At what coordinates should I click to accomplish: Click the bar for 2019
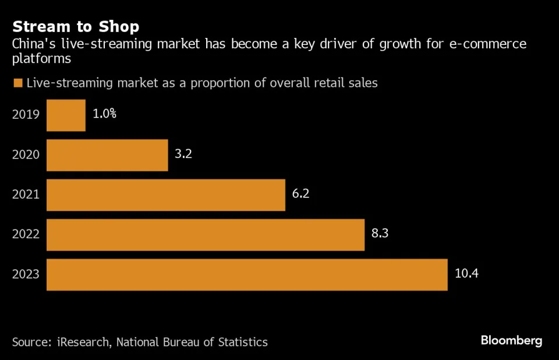pos(66,115)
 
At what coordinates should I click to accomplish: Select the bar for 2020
pos(107,155)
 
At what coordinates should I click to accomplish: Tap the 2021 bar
pos(166,195)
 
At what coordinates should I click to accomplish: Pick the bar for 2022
pos(206,235)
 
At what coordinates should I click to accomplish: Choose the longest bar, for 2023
pos(247,274)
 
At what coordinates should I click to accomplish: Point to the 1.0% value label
pos(105,114)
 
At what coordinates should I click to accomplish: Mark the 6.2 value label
pos(300,193)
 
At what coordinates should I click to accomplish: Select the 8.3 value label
pos(379,234)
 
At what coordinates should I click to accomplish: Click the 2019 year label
pos(26,114)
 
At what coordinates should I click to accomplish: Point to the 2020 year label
pos(26,154)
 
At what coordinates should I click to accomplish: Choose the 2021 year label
pos(26,195)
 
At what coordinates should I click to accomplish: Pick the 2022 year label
pos(26,234)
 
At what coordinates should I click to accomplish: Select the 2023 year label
pos(26,274)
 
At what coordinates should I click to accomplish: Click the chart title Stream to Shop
pos(76,27)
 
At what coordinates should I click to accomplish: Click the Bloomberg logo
pos(511,340)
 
